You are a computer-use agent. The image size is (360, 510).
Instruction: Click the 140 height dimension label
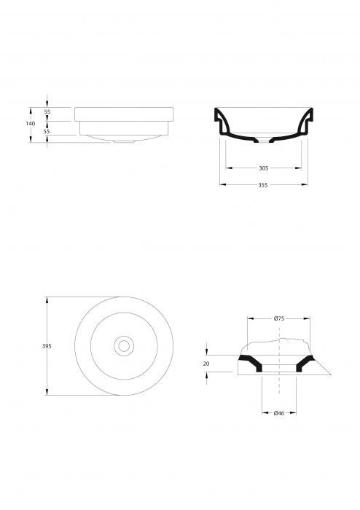(30, 124)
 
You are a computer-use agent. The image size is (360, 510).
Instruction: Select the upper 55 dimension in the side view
(47, 112)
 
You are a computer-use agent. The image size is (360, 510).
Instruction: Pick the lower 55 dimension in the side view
(47, 132)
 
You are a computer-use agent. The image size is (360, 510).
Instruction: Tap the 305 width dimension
(263, 168)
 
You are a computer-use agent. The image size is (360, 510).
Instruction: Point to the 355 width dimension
(263, 185)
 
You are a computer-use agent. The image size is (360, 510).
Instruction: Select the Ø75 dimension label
(278, 318)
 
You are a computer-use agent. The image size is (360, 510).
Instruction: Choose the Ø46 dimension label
(278, 414)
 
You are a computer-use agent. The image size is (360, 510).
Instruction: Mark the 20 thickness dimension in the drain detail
(206, 363)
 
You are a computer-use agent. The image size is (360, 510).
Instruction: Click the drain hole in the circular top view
(124, 345)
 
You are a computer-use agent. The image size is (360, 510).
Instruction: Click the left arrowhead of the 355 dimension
(222, 185)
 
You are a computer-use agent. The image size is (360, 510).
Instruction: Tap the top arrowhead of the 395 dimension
(47, 299)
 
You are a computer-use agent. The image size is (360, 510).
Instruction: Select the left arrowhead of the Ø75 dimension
(250, 318)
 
